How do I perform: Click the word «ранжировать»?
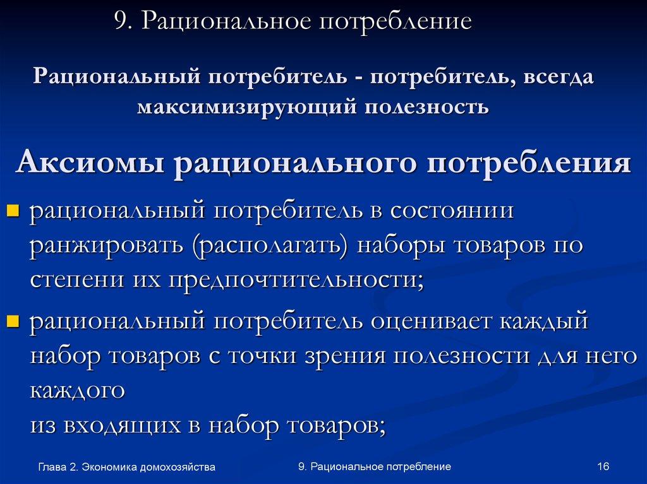pyautogui.click(x=105, y=245)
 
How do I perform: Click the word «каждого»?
pyautogui.click(x=77, y=391)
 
